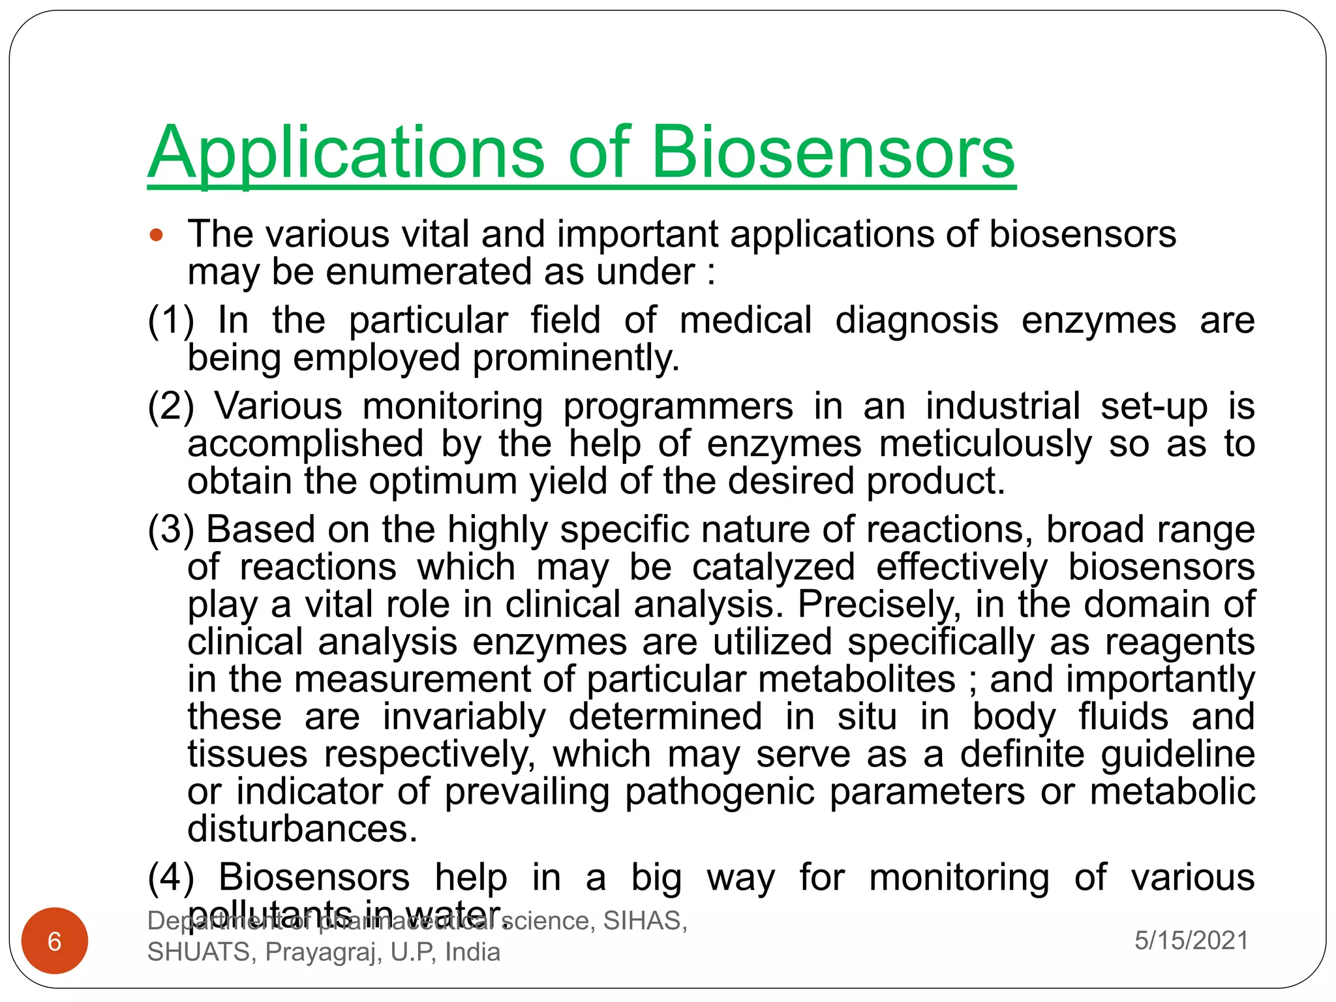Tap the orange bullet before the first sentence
coord(157,235)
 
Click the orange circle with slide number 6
coord(55,941)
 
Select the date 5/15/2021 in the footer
coord(1191,940)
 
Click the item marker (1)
coord(171,321)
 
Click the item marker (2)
coord(171,406)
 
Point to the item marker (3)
coord(171,530)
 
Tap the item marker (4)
coord(171,877)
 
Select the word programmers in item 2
coord(678,406)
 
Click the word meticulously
coord(985,444)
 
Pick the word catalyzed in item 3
coord(773,567)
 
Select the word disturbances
coord(302,830)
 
